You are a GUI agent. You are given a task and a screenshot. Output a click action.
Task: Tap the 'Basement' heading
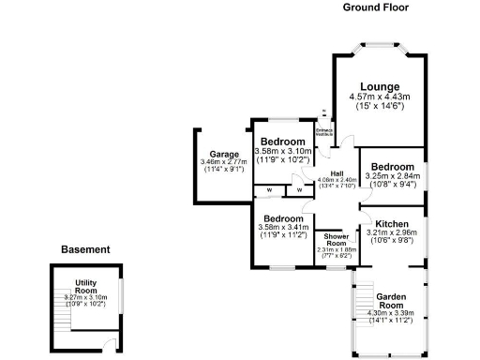pyautogui.click(x=85, y=250)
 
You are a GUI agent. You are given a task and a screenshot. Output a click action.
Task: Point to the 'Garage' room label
pyautogui.click(x=223, y=154)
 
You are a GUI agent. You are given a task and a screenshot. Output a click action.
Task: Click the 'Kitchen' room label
pyautogui.click(x=392, y=223)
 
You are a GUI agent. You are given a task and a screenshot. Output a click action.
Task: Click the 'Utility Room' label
pyautogui.click(x=86, y=286)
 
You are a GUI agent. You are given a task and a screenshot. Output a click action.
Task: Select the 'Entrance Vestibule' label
pyautogui.click(x=323, y=131)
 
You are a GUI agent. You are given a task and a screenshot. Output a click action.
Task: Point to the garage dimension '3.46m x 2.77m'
pyautogui.click(x=223, y=162)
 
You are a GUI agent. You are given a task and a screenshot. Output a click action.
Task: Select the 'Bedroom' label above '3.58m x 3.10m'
pyautogui.click(x=283, y=142)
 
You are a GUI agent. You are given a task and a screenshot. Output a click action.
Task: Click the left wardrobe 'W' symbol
pyautogui.click(x=269, y=191)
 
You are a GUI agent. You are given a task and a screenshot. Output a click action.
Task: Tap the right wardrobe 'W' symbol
pyautogui.click(x=299, y=191)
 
